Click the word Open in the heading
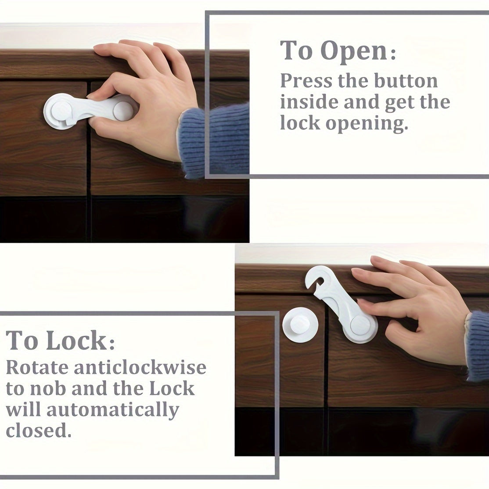coord(354,51)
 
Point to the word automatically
coord(113,410)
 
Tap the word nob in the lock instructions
coord(66,389)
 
